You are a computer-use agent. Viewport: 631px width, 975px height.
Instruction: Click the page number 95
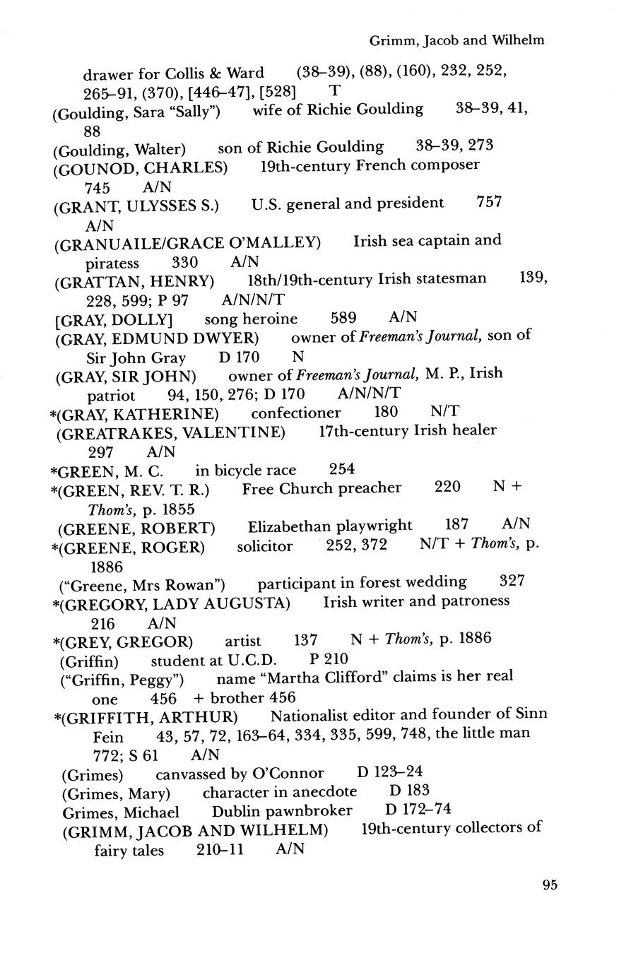coord(550,885)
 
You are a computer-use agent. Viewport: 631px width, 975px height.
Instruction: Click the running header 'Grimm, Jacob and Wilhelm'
coord(457,40)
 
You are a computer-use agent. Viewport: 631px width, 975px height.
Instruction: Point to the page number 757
coord(489,203)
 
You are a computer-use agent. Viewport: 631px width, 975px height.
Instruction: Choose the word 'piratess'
coord(112,263)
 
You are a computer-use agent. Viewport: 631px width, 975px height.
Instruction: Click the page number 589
coord(343,318)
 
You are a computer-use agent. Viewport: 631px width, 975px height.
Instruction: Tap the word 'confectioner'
coord(295,413)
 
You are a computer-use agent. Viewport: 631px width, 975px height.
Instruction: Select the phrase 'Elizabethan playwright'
coord(330,526)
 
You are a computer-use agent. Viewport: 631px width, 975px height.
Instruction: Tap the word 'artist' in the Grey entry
coord(242,641)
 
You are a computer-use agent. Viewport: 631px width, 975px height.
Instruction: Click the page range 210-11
coord(220,850)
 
